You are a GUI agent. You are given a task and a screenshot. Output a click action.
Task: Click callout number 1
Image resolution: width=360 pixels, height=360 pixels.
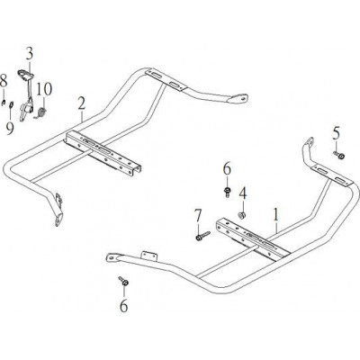click(275, 214)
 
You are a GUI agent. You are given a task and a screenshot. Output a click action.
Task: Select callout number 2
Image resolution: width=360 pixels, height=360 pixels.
click(81, 103)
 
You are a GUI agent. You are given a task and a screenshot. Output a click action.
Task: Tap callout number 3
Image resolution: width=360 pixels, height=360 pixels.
click(29, 54)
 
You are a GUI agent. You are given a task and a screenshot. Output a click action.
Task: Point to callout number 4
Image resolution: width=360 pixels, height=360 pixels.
click(243, 193)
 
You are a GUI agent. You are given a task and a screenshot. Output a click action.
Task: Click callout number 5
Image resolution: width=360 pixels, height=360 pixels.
click(337, 134)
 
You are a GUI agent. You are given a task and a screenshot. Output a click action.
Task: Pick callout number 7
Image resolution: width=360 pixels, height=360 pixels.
click(197, 216)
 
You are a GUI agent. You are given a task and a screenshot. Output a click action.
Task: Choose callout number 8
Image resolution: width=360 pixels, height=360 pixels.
click(3, 81)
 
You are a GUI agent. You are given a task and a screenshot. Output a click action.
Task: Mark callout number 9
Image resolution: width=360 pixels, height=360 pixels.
click(10, 129)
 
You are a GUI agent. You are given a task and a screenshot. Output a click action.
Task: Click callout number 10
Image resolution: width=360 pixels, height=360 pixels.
click(44, 89)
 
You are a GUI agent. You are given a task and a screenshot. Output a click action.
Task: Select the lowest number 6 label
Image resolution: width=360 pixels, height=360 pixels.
click(123, 306)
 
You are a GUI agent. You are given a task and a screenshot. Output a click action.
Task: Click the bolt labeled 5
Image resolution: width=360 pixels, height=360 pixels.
click(339, 155)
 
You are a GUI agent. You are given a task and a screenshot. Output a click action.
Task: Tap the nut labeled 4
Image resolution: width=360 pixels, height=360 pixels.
click(242, 215)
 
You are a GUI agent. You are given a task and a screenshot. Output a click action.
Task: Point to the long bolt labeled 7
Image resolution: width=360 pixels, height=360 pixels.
click(202, 235)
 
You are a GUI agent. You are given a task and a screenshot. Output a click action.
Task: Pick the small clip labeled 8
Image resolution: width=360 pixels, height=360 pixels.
click(3, 103)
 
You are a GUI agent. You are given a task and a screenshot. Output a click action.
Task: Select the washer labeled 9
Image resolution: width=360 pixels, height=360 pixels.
click(11, 104)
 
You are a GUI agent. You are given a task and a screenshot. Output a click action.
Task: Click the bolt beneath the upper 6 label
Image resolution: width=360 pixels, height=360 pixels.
click(228, 192)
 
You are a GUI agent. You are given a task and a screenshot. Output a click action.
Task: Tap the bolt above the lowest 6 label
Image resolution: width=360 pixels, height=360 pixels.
click(124, 281)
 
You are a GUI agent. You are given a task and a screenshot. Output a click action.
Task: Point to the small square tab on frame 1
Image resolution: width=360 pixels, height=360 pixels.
click(148, 256)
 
